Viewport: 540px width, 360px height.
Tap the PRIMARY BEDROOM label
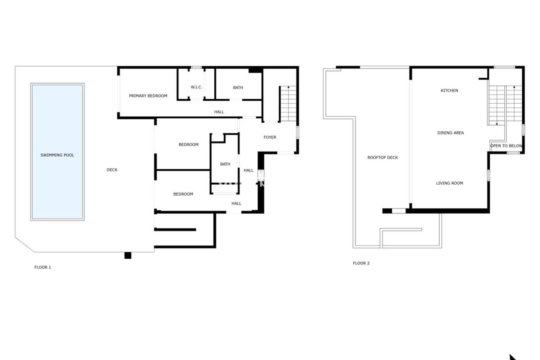tap(148, 96)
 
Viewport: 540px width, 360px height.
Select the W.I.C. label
tap(196, 87)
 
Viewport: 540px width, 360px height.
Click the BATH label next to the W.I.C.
tap(238, 88)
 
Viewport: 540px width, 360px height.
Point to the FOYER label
tap(270, 137)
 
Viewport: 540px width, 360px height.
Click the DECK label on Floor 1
tap(112, 170)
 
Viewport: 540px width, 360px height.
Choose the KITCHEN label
tap(449, 91)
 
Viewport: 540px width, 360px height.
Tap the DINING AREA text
tap(450, 133)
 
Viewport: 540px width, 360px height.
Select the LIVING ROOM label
tap(449, 183)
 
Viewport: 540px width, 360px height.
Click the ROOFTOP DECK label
tap(382, 157)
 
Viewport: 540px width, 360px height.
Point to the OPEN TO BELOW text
tap(506, 146)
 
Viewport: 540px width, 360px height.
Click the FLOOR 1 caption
tap(43, 267)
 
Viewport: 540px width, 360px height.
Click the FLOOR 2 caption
tap(361, 263)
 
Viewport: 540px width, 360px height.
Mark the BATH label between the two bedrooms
tap(225, 164)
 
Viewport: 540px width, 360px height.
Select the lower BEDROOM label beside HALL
tap(183, 194)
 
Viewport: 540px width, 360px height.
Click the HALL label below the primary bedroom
tap(219, 112)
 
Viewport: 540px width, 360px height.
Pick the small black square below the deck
tap(128, 255)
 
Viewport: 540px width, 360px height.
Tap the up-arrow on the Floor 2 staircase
tap(514, 87)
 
